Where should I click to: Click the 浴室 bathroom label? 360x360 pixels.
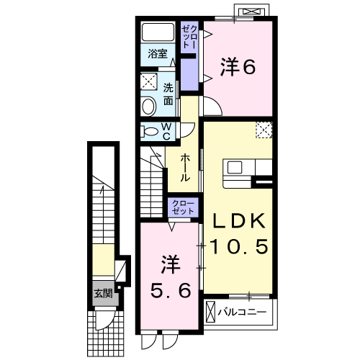pyautogui.click(x=158, y=53)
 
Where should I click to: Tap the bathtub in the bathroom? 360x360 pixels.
pyautogui.click(x=158, y=32)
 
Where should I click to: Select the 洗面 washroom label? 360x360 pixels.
pyautogui.click(x=168, y=94)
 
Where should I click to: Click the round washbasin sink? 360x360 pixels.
pyautogui.click(x=148, y=106)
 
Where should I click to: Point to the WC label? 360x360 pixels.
pyautogui.click(x=166, y=132)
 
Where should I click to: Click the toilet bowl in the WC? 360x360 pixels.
pyautogui.click(x=150, y=131)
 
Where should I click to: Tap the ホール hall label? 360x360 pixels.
pyautogui.click(x=185, y=168)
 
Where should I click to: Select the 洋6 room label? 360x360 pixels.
pyautogui.click(x=238, y=66)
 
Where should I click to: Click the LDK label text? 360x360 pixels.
pyautogui.click(x=239, y=220)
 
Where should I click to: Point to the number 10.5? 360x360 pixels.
pyautogui.click(x=239, y=246)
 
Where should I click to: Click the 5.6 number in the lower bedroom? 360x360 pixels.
pyautogui.click(x=171, y=290)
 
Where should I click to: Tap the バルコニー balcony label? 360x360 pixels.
pyautogui.click(x=242, y=312)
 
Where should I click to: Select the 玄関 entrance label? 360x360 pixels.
pyautogui.click(x=103, y=293)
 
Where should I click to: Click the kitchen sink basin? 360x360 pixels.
pyautogui.click(x=235, y=167)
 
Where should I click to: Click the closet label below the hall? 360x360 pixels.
pyautogui.click(x=183, y=207)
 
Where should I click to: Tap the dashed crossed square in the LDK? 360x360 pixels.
pyautogui.click(x=264, y=130)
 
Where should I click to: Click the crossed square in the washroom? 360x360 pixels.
pyautogui.click(x=148, y=82)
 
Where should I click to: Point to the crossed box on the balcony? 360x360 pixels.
pyautogui.click(x=211, y=312)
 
